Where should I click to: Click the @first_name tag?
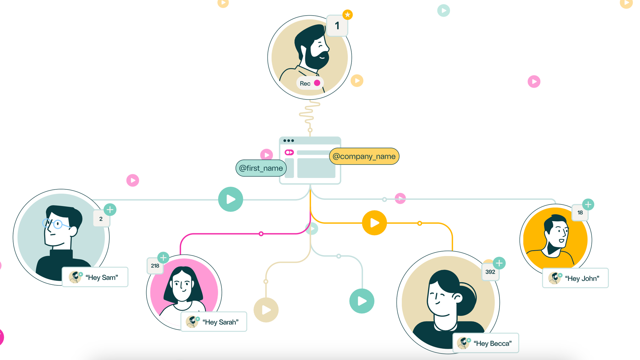pos(261,168)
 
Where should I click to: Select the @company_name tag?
pos(364,156)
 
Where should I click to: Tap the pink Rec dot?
pos(317,83)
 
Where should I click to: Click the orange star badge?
pos(348,15)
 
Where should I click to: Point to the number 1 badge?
pos(337,26)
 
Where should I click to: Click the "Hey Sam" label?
pos(95,277)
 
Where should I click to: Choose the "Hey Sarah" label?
pos(214,322)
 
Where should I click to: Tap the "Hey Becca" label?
pos(486,343)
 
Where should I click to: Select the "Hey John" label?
pos(575,278)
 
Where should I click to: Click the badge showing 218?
pos(155,266)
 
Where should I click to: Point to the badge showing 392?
pos(490,272)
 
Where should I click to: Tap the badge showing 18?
pos(580,213)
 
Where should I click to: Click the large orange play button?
pos(374,223)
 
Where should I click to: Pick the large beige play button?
pos(266,310)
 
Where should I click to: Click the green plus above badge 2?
pos(110,210)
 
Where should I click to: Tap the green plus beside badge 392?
pos(499,263)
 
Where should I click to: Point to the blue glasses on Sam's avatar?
pos(54,223)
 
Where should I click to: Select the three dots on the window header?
pos(288,141)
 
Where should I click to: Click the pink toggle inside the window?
pos(289,152)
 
